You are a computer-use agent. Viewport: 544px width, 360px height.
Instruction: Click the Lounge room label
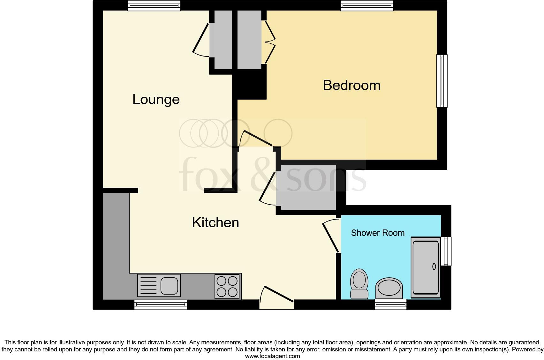pos(156,99)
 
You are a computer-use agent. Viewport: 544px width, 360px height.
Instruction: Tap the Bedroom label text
pos(351,85)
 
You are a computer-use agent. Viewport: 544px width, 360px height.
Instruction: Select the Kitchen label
pos(215,222)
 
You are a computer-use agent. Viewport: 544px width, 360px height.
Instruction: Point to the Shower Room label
pos(378,233)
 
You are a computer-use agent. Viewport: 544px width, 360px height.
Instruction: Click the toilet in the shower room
pos(359,283)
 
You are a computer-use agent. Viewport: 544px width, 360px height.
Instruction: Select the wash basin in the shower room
pos(389,287)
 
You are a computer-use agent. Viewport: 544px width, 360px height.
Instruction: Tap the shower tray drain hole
pos(434,266)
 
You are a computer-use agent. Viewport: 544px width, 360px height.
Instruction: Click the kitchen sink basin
pos(169,285)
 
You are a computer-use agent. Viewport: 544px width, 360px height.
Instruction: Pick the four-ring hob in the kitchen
pos(227,286)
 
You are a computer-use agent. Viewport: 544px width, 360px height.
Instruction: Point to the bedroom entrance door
pos(257,138)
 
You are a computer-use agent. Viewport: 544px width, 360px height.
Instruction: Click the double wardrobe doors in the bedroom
pos(269,42)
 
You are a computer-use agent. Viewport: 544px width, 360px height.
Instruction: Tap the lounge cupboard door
pos(200,40)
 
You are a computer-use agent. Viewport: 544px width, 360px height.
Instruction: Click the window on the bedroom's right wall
pos(442,81)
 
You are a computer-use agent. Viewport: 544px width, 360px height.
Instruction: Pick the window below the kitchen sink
pos(161,305)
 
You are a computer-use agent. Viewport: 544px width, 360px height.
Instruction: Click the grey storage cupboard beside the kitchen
pos(306,187)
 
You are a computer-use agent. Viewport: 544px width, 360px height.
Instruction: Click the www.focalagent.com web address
pos(272,356)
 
